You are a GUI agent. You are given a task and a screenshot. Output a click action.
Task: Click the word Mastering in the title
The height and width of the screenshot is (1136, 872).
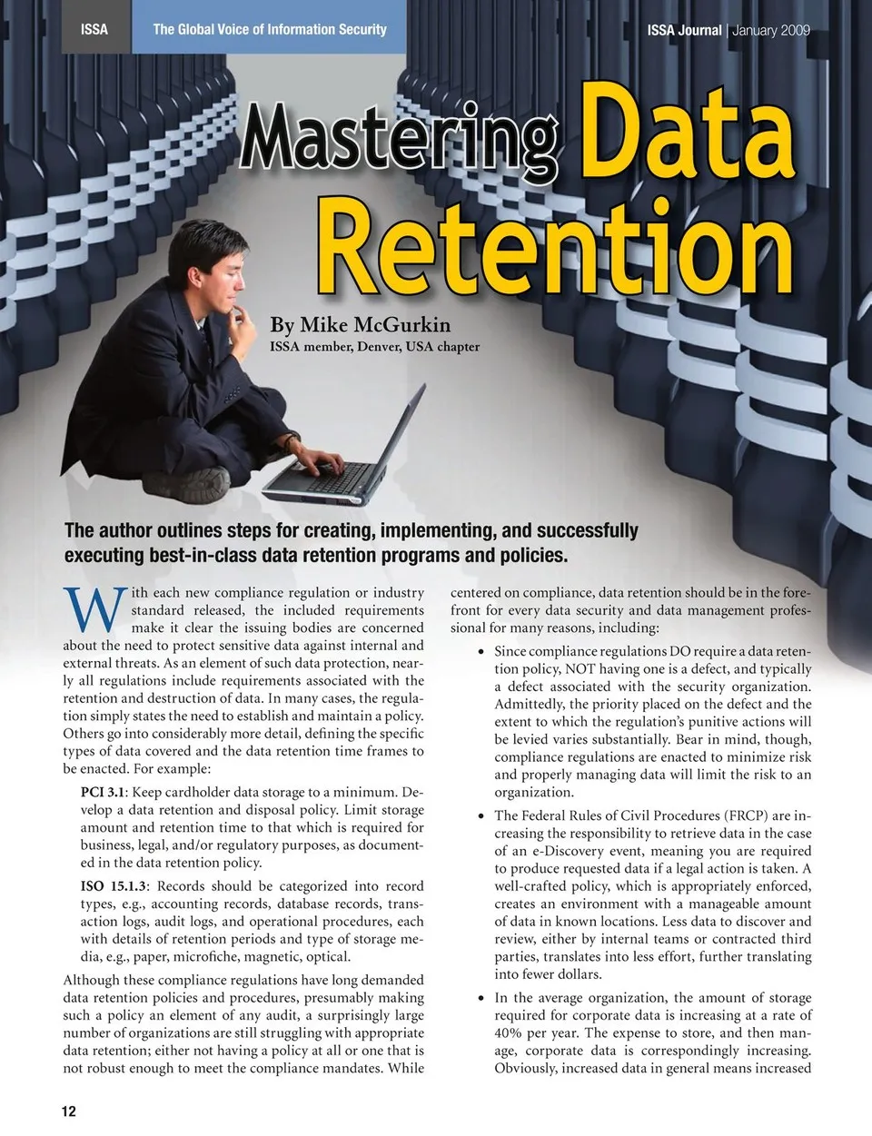click(x=400, y=138)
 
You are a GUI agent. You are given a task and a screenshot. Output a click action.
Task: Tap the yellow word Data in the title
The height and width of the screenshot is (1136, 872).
click(x=687, y=132)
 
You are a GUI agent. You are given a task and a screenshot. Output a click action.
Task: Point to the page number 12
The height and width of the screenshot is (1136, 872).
click(x=69, y=1111)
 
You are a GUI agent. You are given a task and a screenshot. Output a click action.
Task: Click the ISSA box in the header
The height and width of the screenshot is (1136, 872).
click(x=94, y=29)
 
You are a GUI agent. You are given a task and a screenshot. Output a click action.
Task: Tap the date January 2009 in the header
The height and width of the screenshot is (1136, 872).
click(x=771, y=30)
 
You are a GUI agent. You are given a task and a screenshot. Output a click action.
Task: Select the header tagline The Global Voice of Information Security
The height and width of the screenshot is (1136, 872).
click(x=270, y=29)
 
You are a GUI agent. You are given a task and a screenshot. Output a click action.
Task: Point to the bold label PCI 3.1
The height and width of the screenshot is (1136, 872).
click(x=104, y=793)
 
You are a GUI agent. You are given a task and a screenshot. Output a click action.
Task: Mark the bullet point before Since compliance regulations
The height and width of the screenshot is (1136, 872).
click(x=481, y=652)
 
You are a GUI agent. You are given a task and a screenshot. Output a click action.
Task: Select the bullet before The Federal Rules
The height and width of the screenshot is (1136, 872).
click(x=481, y=816)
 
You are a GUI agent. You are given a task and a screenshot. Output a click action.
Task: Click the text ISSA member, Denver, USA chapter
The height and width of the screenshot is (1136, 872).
click(x=374, y=346)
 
